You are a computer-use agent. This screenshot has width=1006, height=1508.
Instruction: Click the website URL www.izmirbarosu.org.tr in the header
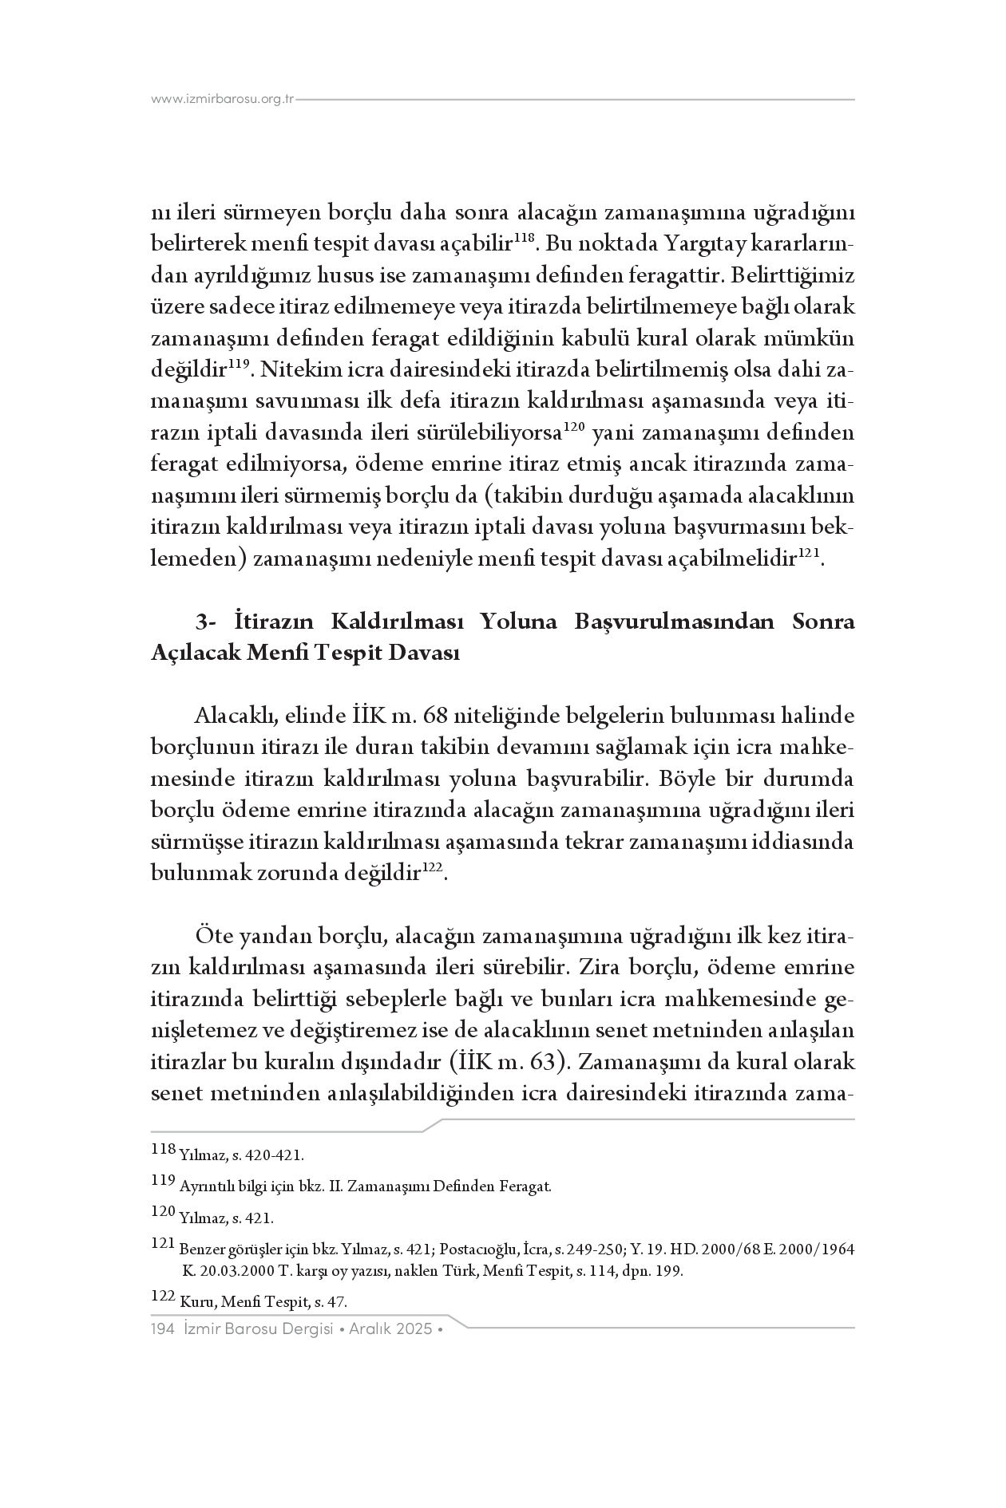[x=223, y=100]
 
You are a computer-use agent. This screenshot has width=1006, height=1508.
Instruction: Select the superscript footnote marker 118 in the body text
[x=523, y=237]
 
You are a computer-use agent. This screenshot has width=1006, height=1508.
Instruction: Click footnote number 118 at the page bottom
[x=162, y=1150]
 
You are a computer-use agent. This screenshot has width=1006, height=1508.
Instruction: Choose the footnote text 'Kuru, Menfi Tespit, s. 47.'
[x=263, y=1302]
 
